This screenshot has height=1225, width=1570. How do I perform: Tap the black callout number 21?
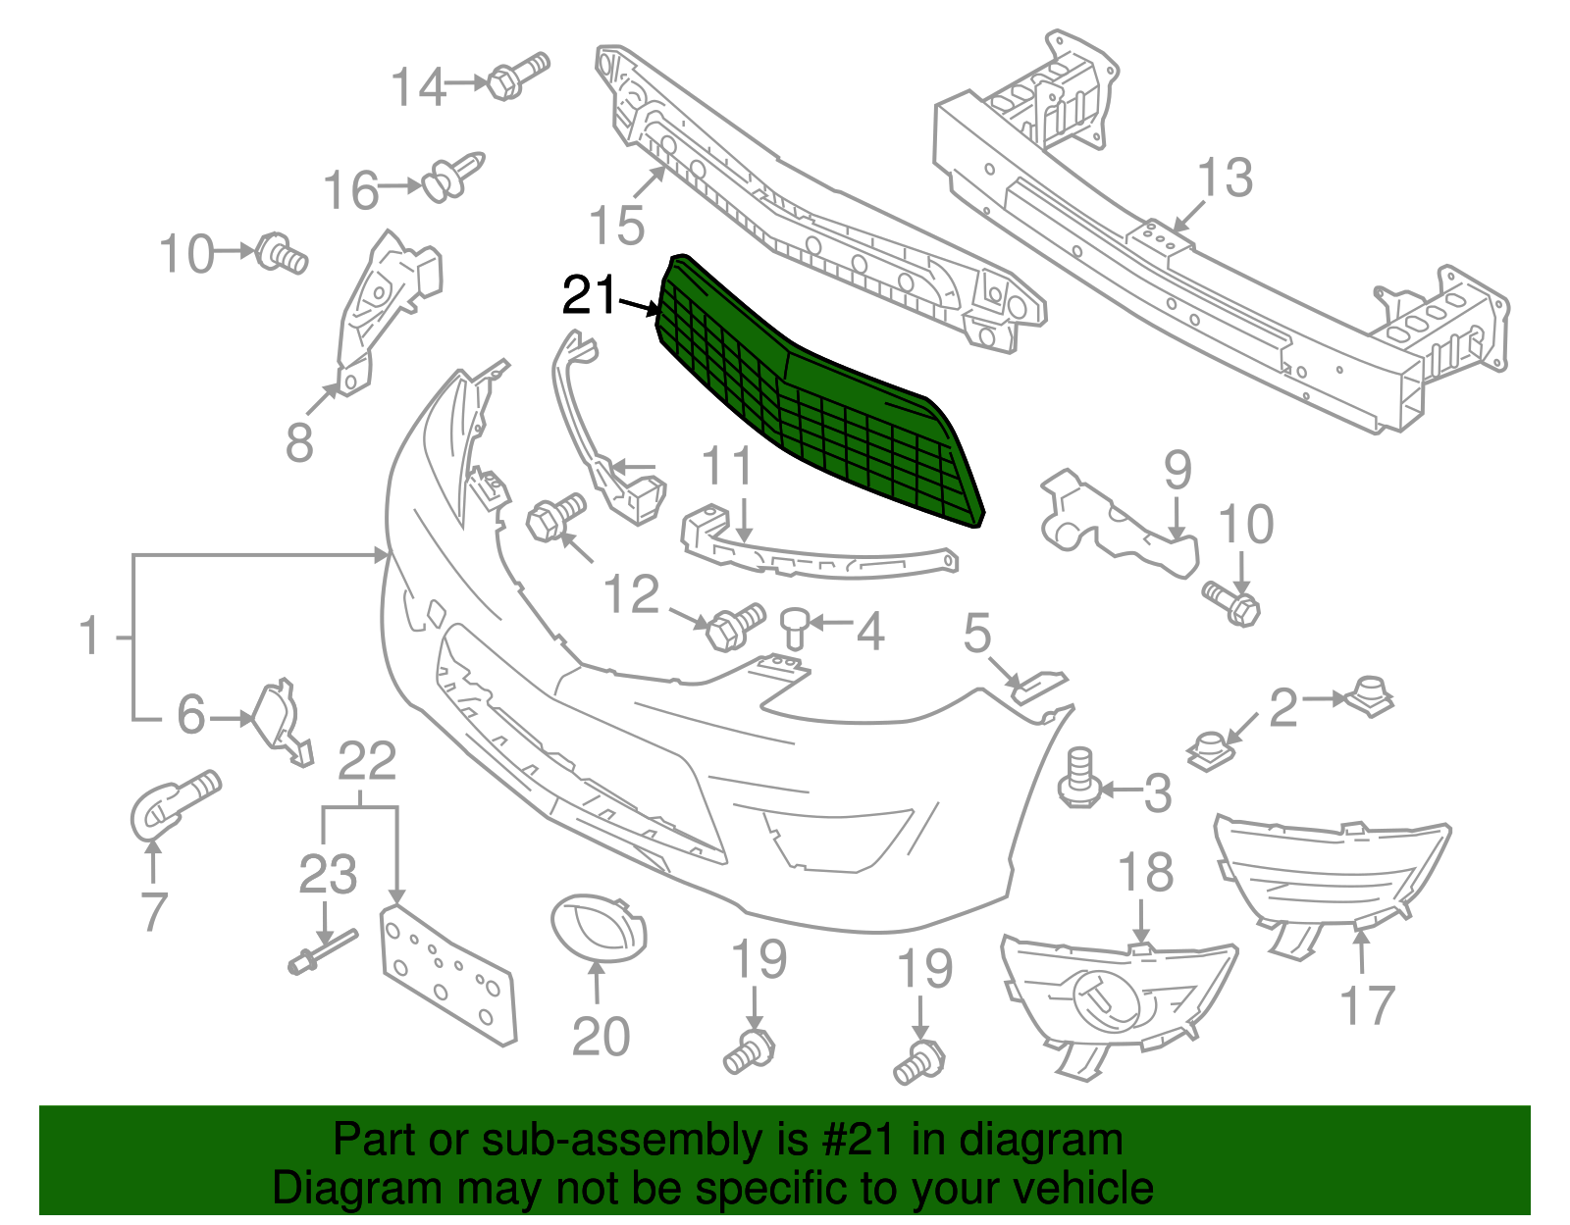click(x=590, y=295)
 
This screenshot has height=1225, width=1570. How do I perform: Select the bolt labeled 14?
click(x=517, y=76)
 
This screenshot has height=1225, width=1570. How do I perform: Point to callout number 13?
click(x=1225, y=179)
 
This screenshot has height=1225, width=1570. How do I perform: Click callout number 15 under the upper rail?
click(x=617, y=226)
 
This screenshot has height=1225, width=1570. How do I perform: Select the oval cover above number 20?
click(x=599, y=927)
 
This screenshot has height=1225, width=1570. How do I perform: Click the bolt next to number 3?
click(x=1078, y=780)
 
